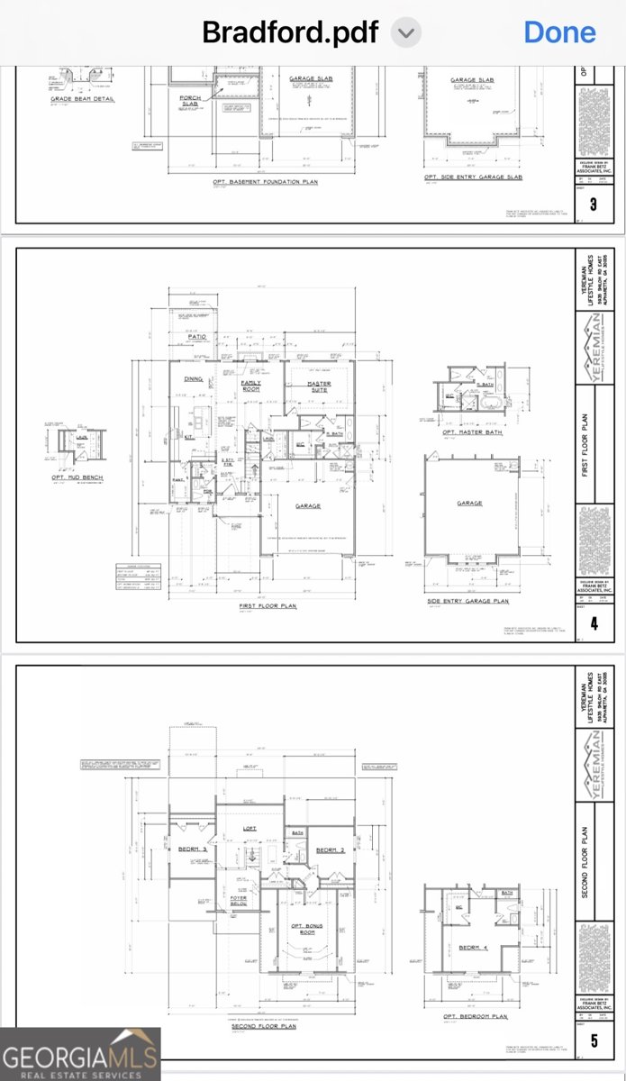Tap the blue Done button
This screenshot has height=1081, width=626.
(559, 32)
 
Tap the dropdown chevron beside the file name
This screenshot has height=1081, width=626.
(407, 33)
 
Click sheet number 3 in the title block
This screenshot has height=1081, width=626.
(594, 204)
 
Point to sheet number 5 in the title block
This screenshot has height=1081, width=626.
(594, 1041)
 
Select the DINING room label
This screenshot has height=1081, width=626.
(194, 379)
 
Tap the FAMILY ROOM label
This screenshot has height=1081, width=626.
(251, 386)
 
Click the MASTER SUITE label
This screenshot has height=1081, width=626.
(320, 386)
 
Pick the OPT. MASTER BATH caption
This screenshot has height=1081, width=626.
(472, 432)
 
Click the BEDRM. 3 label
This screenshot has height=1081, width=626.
(192, 849)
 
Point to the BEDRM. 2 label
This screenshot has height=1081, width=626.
(331, 850)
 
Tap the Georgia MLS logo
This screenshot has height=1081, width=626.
(80, 1054)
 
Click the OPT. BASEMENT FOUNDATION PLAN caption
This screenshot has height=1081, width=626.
(266, 181)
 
